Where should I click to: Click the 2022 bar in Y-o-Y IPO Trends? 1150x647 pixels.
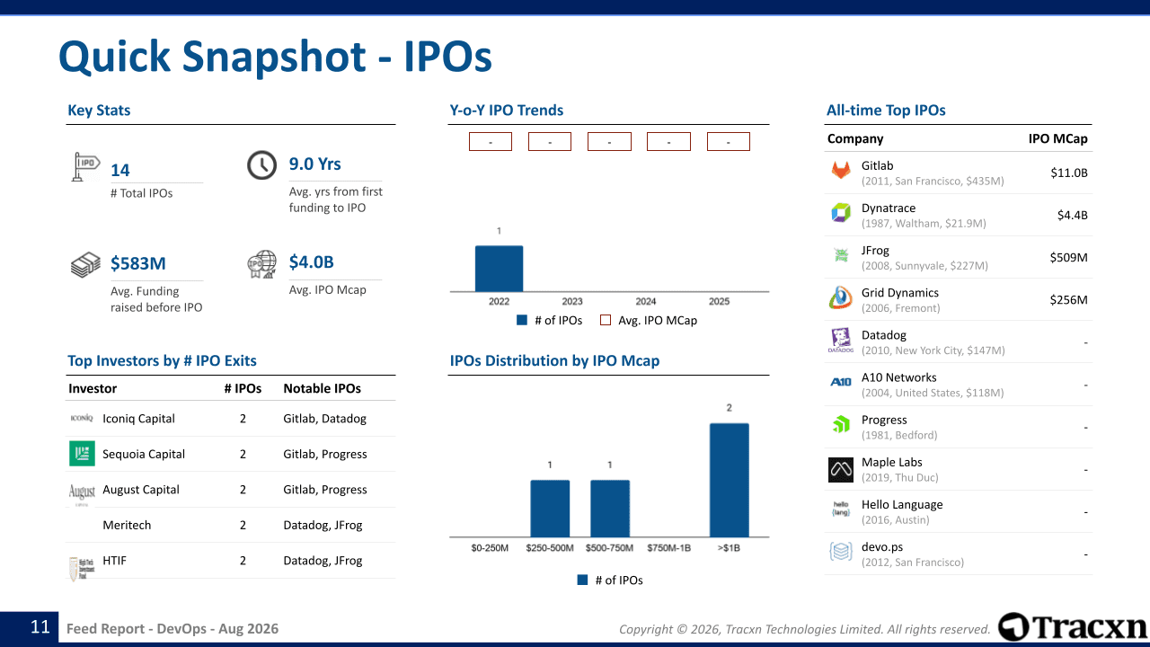(499, 269)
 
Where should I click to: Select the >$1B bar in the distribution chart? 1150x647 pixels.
(729, 480)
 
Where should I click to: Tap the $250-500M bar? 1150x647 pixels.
(550, 509)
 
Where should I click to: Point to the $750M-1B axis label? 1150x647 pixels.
(669, 548)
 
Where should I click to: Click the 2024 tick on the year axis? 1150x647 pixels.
(646, 301)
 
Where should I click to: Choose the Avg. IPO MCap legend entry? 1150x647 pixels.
(649, 321)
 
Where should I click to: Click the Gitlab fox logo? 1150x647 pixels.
(841, 170)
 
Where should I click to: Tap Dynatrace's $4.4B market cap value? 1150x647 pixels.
(1072, 215)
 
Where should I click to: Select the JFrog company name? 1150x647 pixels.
(875, 251)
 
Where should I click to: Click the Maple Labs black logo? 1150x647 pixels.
(841, 470)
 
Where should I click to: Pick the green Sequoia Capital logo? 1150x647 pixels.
(82, 454)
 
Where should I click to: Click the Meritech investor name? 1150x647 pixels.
(127, 525)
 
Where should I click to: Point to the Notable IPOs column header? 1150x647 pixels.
(322, 389)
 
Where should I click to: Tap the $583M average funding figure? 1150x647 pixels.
(138, 263)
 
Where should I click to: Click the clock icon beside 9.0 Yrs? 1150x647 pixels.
(261, 164)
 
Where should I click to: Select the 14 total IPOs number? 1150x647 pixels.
(120, 171)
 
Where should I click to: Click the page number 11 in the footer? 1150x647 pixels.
(40, 627)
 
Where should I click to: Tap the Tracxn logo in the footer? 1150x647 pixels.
(1072, 627)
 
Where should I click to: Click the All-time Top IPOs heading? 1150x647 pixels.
(886, 111)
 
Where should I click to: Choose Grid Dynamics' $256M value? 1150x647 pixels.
(1068, 300)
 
